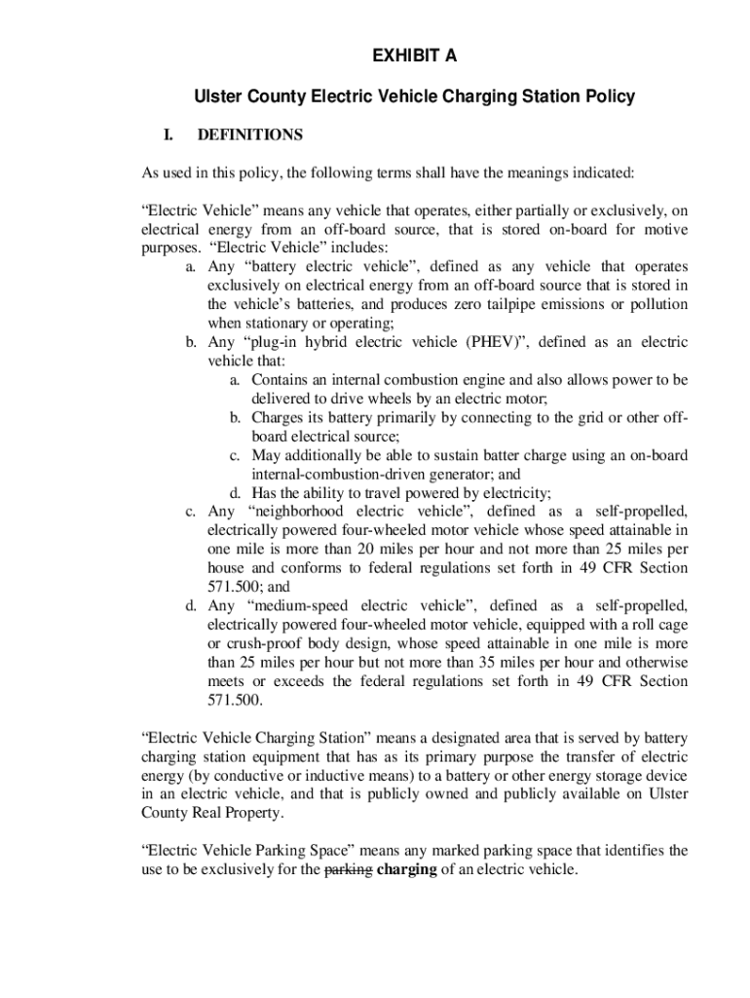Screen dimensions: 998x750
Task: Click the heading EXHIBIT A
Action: [x=414, y=58]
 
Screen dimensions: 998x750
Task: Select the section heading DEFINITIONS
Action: [x=249, y=135]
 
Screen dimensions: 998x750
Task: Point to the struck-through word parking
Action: [x=348, y=870]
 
